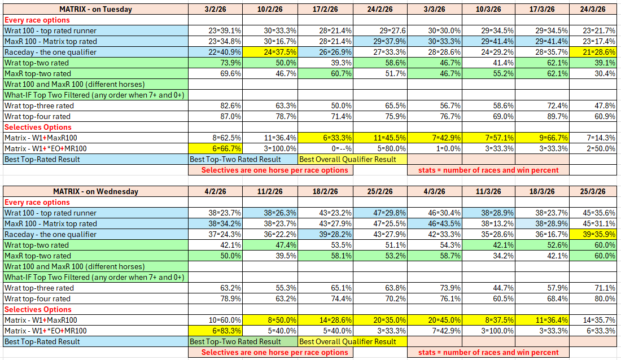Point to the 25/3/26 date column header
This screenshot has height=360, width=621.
592,191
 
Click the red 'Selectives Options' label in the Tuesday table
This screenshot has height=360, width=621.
38,127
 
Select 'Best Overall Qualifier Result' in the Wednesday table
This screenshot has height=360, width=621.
348,341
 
